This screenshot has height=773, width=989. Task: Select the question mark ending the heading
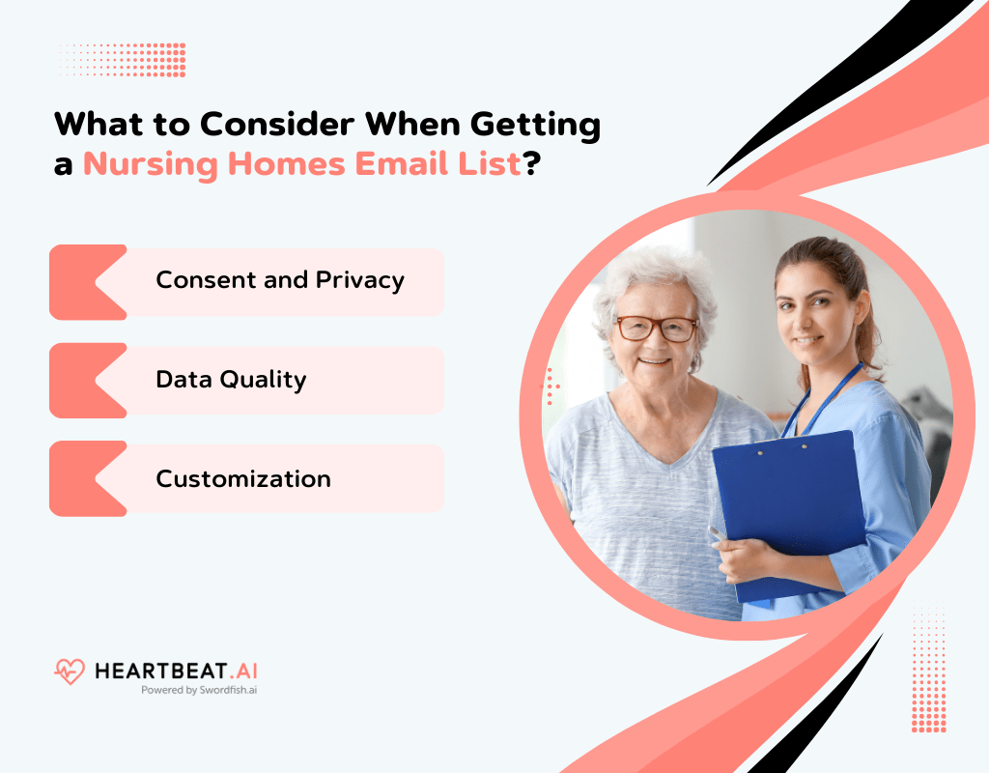tap(530, 163)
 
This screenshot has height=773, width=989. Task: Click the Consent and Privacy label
tap(280, 280)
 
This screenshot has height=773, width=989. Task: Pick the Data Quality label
tap(231, 380)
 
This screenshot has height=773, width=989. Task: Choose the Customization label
tap(243, 479)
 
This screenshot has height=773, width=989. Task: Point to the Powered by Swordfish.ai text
tap(199, 691)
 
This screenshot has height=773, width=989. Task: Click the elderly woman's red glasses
tap(657, 329)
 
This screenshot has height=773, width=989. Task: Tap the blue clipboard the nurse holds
tap(787, 512)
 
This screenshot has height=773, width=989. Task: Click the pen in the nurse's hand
tap(717, 534)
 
